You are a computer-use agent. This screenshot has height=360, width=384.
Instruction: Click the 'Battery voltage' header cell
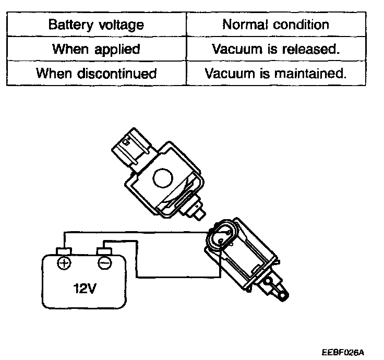96,25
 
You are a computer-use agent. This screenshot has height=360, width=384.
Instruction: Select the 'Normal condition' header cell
275,25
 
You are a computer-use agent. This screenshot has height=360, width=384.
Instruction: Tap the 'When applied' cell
96,49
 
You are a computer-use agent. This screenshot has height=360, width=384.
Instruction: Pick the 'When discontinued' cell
96,74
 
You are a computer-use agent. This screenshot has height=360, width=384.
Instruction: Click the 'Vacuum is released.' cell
275,49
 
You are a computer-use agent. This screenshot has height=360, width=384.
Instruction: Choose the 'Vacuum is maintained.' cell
275,74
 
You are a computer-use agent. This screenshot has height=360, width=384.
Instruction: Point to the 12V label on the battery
85,289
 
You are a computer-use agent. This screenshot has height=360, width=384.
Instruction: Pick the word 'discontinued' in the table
119,74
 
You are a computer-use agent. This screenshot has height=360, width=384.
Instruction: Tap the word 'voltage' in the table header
123,25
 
